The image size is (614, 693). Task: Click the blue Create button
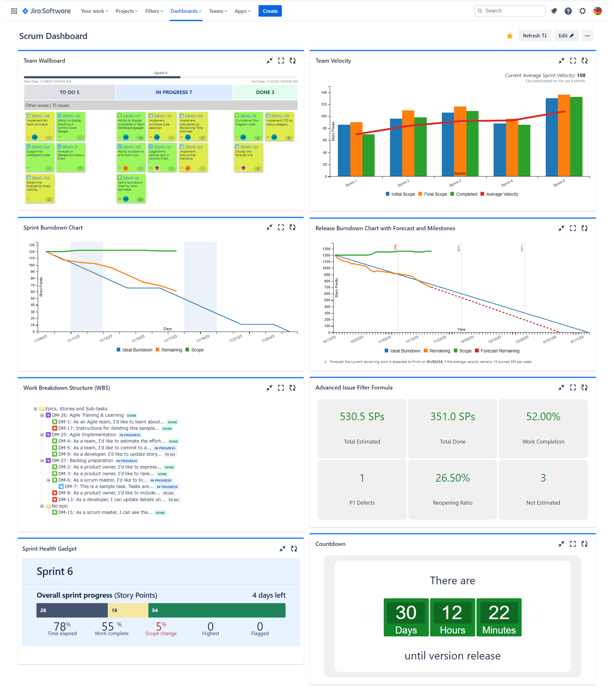point(270,11)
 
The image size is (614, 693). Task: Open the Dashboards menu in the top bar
point(185,11)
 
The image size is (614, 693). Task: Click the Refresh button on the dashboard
point(534,35)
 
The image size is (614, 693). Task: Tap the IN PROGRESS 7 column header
point(174,92)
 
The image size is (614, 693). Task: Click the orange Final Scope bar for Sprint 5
point(563,136)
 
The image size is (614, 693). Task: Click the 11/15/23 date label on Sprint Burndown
point(138,338)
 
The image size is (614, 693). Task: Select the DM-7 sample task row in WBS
point(108,486)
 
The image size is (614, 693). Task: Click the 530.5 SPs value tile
point(362,417)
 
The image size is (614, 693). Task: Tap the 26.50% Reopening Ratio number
point(452,478)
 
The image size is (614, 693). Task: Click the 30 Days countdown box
point(406,617)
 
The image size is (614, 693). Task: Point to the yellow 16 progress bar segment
point(128,610)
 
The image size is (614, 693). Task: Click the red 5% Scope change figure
point(161,626)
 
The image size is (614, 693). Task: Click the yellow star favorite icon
point(509,36)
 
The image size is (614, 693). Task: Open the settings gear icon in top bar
point(582,11)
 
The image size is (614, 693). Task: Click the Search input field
point(512,11)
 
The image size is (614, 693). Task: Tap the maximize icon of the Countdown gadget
point(573,544)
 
